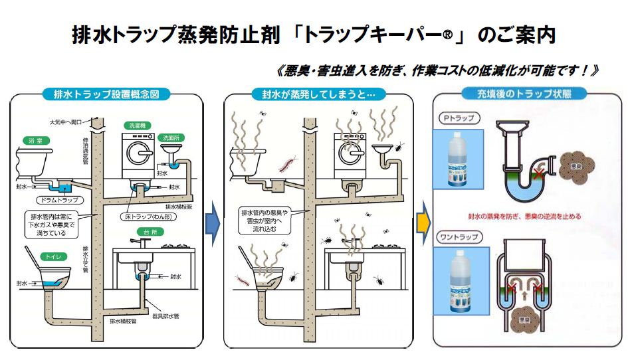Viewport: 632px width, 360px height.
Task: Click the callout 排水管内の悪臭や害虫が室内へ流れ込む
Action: pyautogui.click(x=262, y=220)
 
